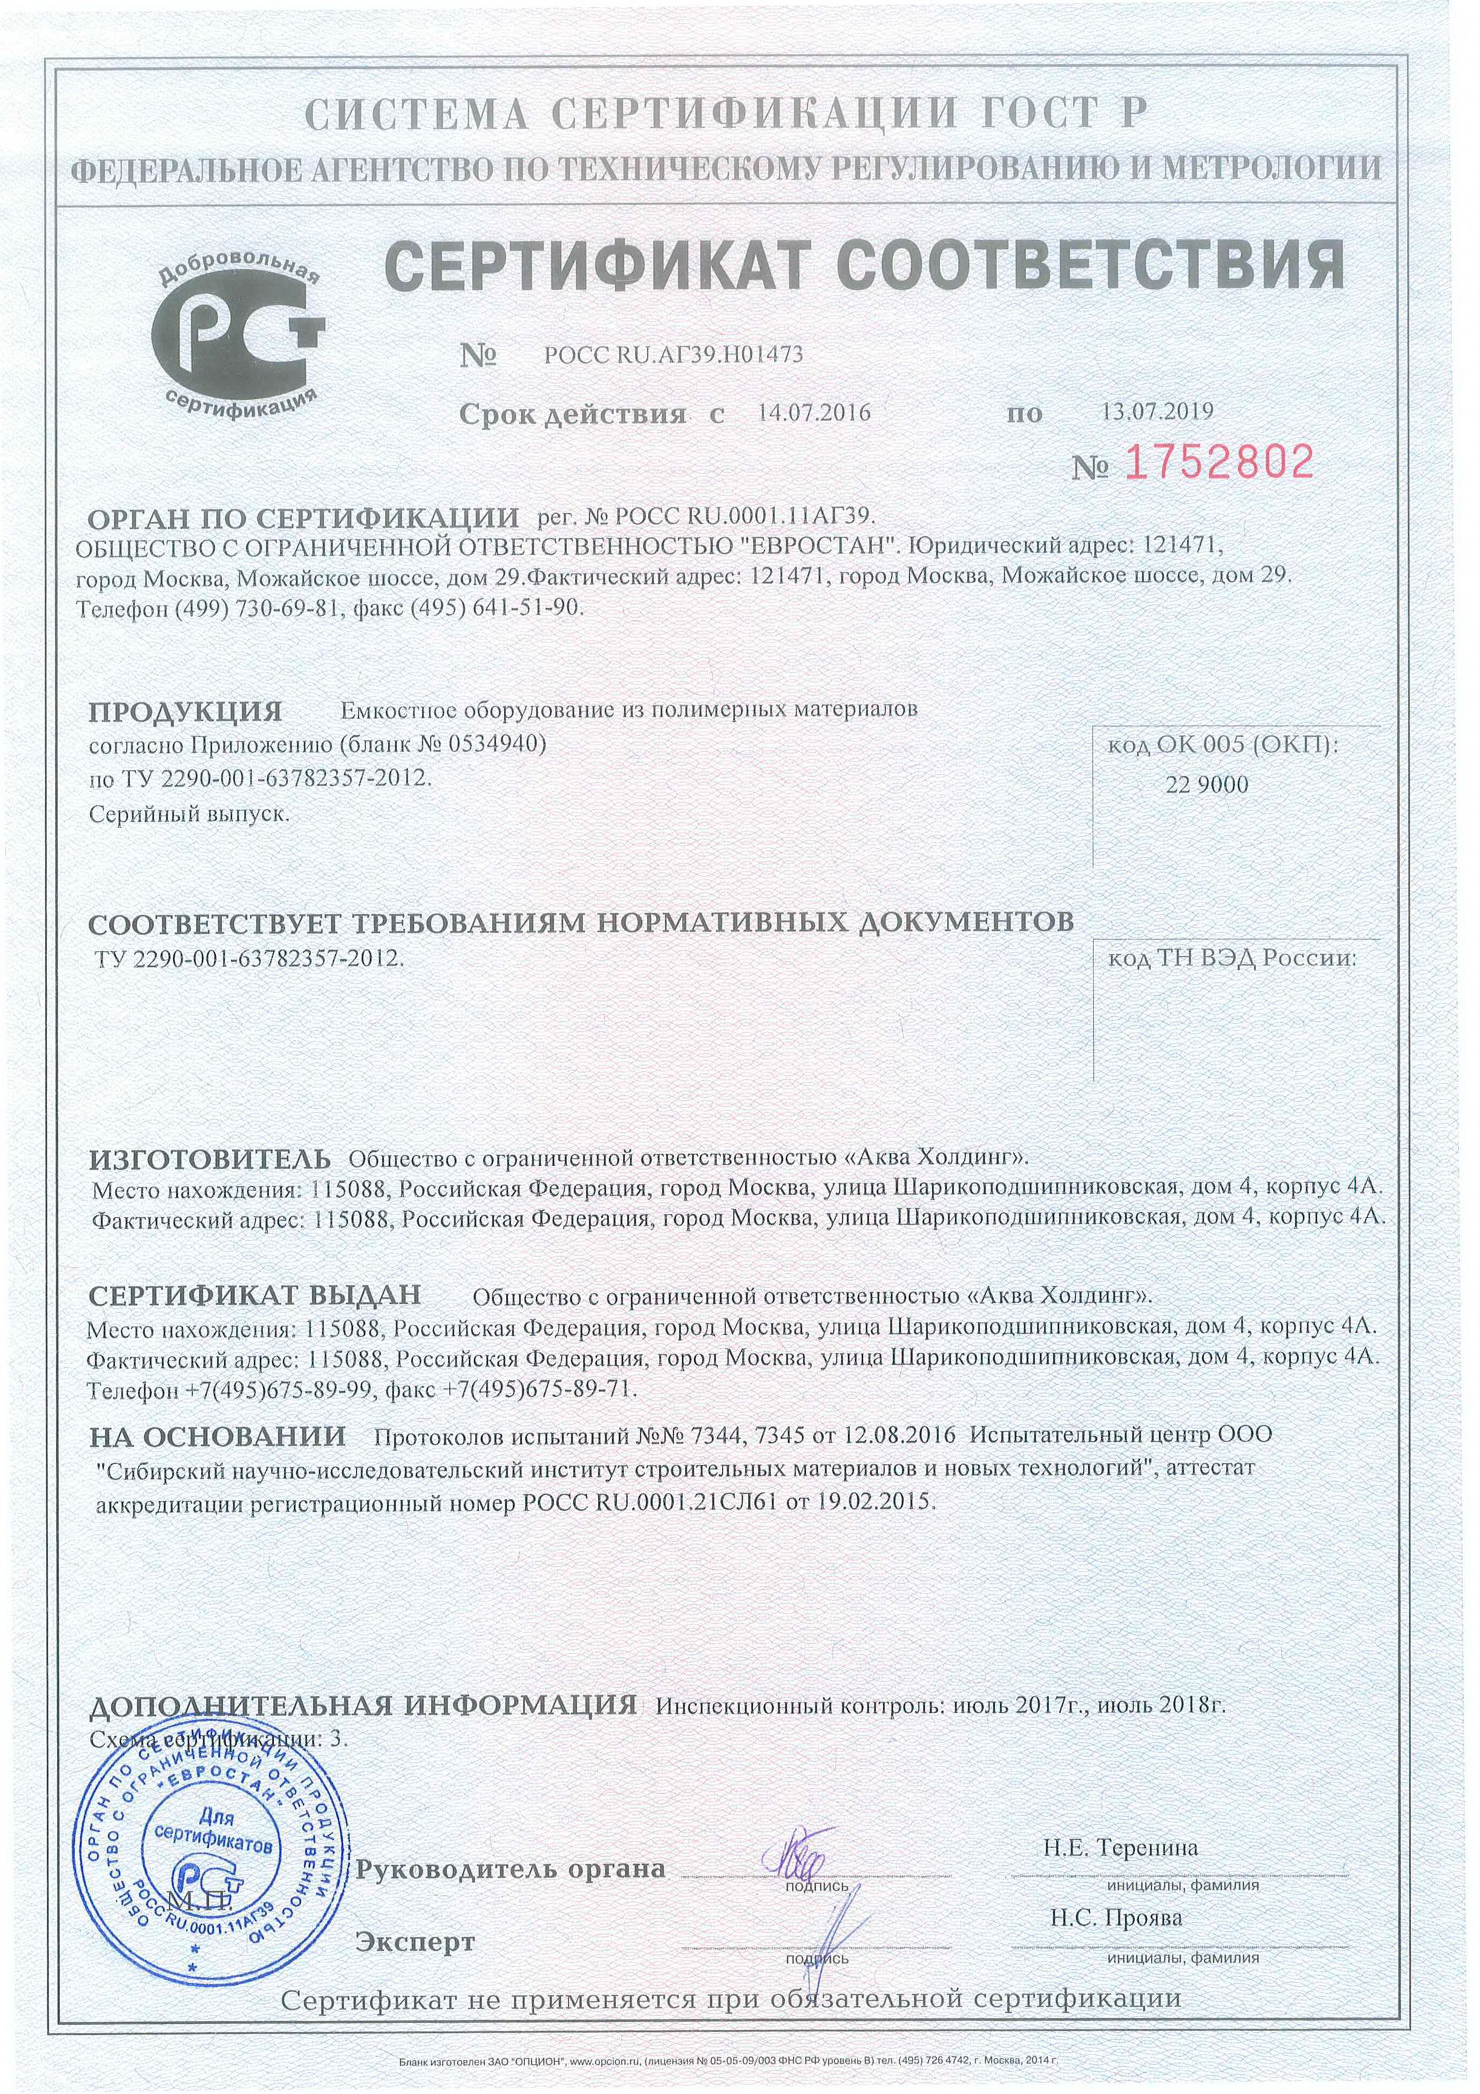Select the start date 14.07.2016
click(x=814, y=412)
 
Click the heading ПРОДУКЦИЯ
click(x=185, y=711)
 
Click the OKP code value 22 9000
click(x=1207, y=784)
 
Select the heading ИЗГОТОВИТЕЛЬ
click(x=210, y=1158)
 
